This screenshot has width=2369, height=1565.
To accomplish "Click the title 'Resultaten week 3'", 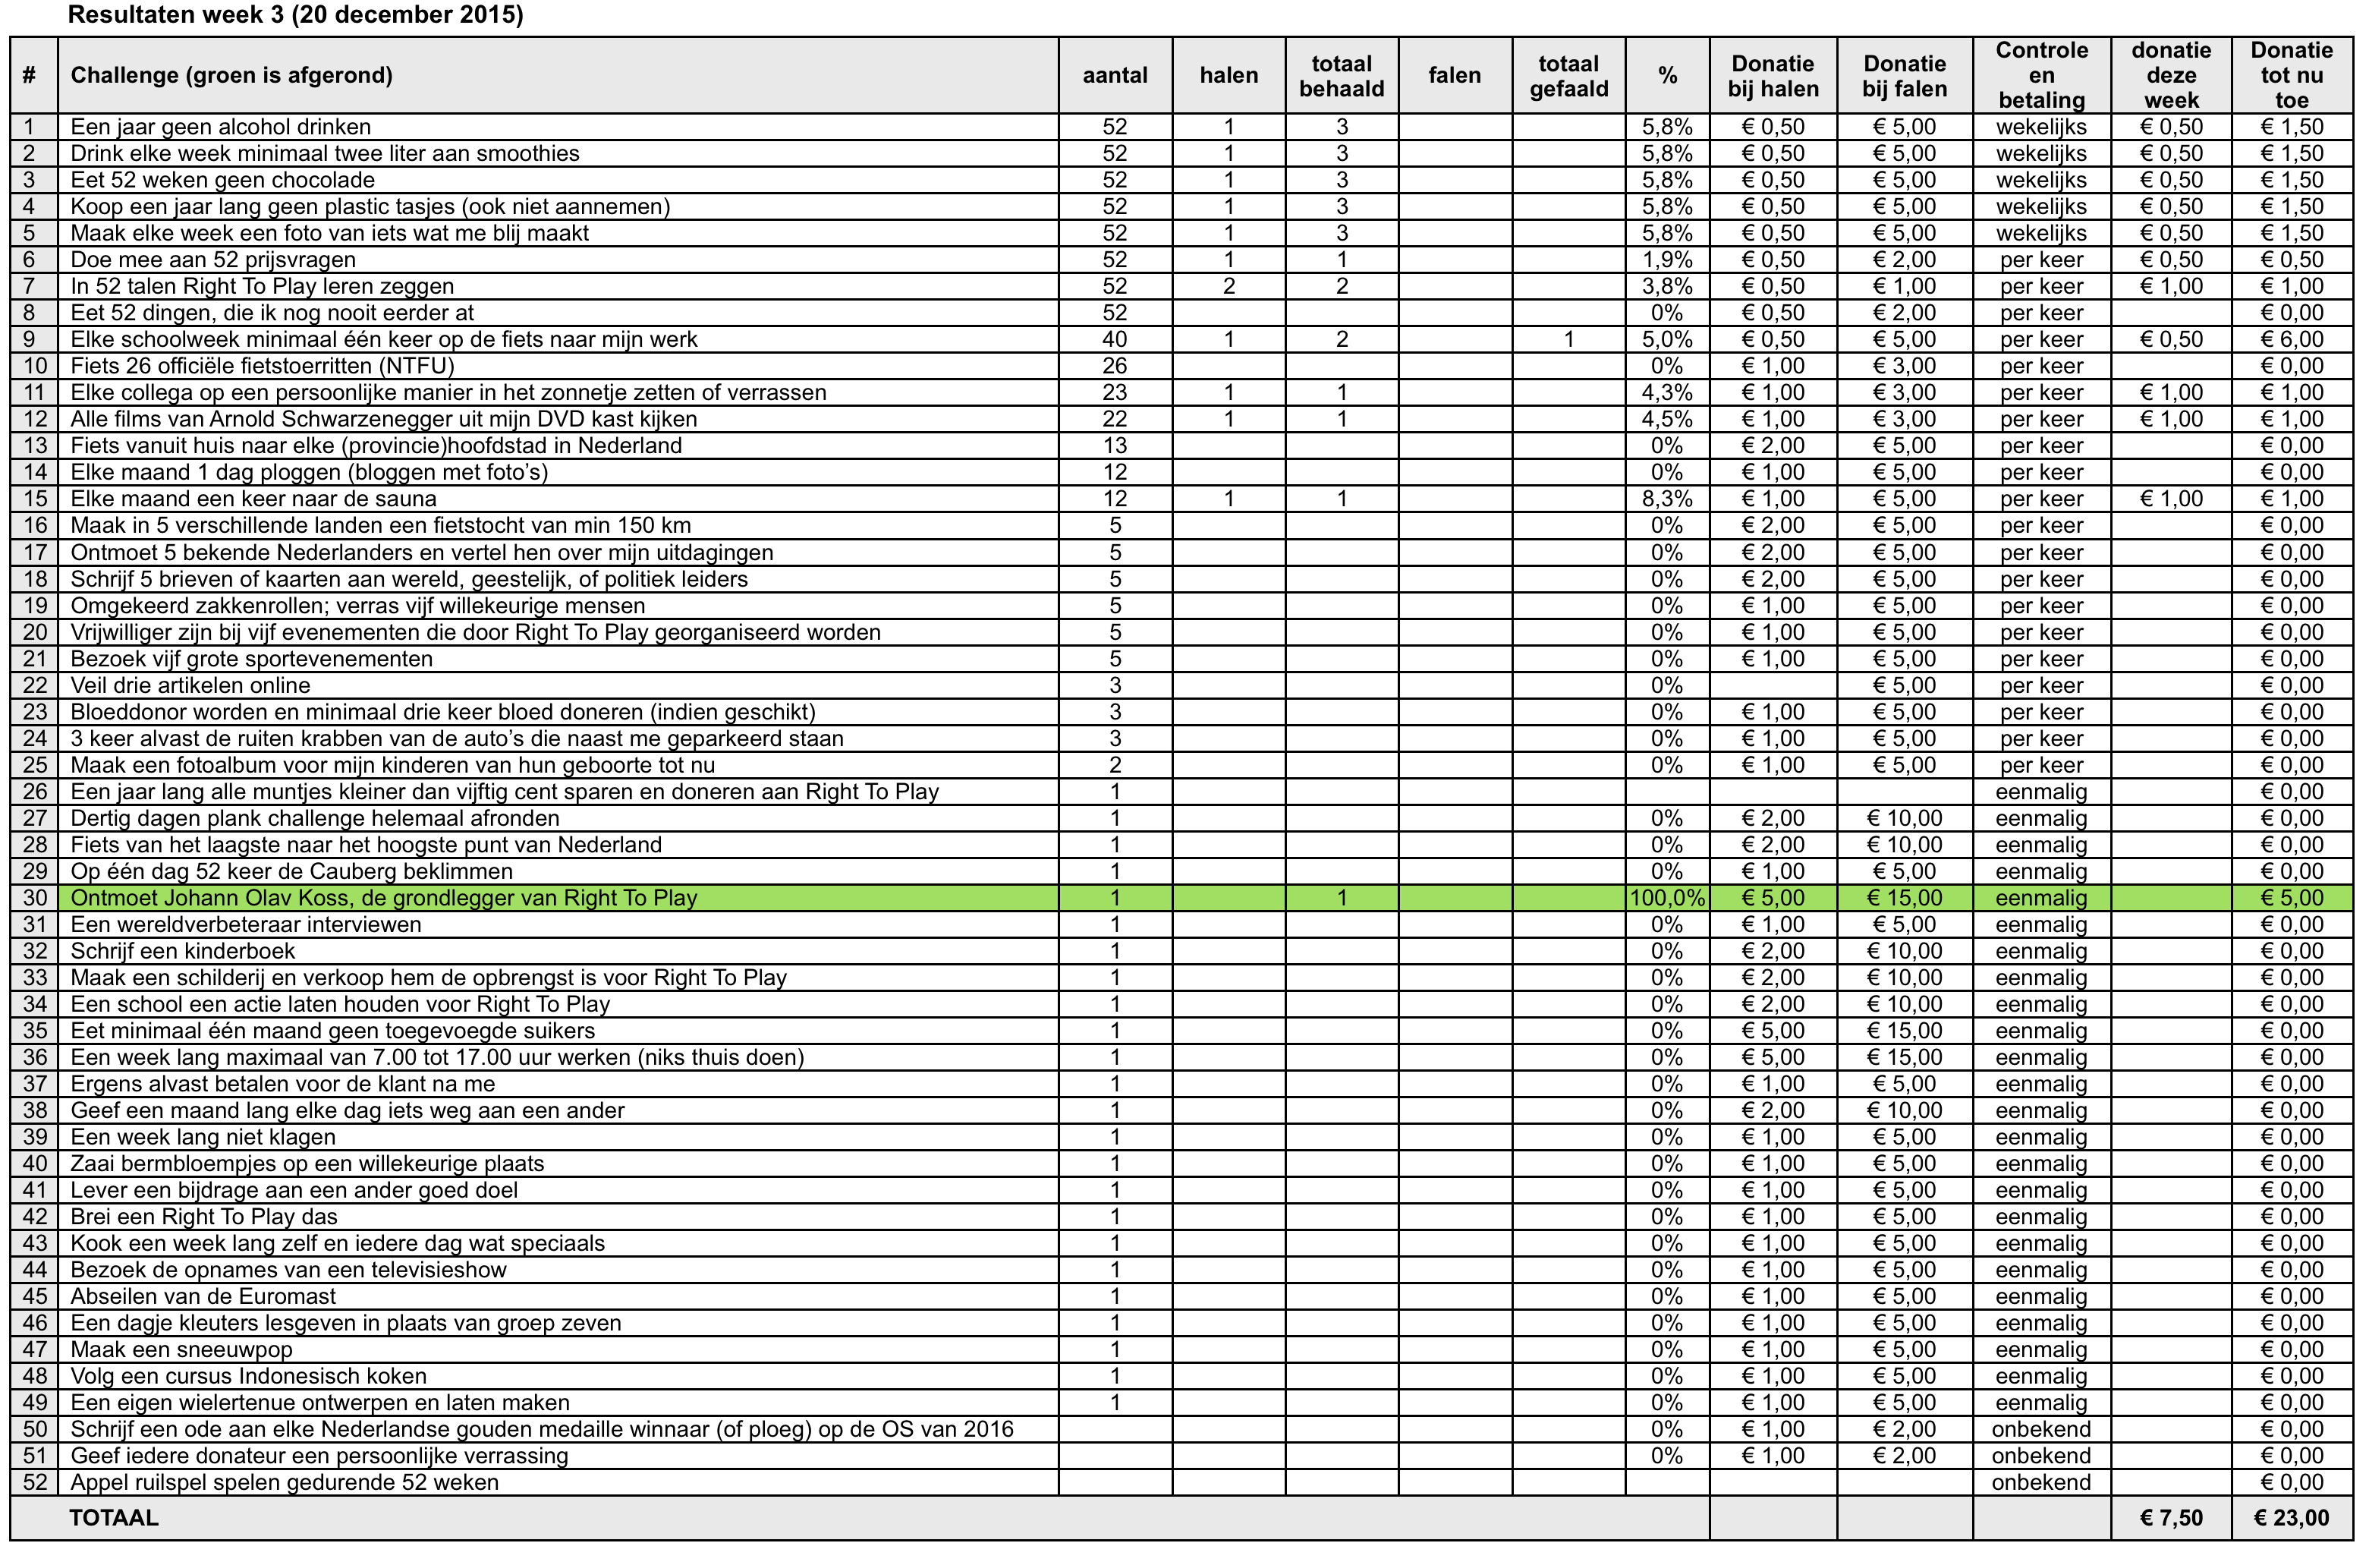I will point(295,15).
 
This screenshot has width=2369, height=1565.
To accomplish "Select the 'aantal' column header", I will point(1115,76).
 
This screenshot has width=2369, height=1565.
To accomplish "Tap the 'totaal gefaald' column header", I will point(1568,76).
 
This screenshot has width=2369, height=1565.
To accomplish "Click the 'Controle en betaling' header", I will point(2040,76).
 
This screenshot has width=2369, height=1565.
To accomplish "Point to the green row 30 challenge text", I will point(383,897).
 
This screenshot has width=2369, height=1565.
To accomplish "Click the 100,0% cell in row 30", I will point(1666,897).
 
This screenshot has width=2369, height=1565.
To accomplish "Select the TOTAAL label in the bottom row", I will point(113,1518).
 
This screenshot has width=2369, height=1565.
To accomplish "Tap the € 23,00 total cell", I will point(2291,1518).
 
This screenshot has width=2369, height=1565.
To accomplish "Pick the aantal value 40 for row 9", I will point(1115,339).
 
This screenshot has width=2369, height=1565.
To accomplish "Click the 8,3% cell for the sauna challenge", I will point(1666,499).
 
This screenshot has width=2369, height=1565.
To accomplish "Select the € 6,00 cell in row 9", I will point(2291,339).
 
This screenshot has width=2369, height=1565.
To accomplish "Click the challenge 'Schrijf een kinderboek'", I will point(183,951).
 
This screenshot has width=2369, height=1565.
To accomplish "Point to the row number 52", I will point(35,1482).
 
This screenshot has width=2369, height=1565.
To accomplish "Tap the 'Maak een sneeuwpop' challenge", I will point(181,1349).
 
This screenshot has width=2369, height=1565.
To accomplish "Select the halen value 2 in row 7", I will point(1229,286).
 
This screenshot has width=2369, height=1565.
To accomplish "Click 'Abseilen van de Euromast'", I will point(203,1296).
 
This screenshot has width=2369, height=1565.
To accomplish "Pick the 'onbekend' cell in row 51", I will point(2040,1455).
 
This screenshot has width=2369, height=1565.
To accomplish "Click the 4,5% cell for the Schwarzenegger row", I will point(1666,419).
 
